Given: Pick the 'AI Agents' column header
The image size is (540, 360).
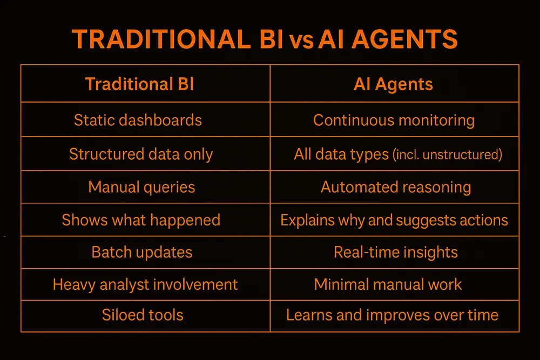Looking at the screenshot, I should [x=393, y=84].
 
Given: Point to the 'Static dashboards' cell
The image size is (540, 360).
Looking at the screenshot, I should [x=138, y=120].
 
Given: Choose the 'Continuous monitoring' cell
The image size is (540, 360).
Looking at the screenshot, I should [x=394, y=120].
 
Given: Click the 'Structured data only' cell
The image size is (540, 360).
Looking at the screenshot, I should [x=141, y=154].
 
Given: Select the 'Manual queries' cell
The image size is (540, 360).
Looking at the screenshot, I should [x=141, y=187].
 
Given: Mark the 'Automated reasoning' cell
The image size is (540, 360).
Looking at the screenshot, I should [x=396, y=187].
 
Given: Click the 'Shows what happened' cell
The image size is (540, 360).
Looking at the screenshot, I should [x=141, y=220].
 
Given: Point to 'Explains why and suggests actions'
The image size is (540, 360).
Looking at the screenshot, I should [x=394, y=220].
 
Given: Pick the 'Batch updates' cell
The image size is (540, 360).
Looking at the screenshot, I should [x=142, y=252].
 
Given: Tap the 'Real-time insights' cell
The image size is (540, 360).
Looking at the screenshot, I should [x=396, y=252].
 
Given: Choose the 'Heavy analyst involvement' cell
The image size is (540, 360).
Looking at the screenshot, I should [x=145, y=284].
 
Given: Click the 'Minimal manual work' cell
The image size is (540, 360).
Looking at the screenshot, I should [x=388, y=284].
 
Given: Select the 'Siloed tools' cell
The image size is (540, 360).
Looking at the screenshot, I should [x=143, y=315].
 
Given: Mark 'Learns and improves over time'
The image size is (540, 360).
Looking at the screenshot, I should [x=392, y=315].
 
